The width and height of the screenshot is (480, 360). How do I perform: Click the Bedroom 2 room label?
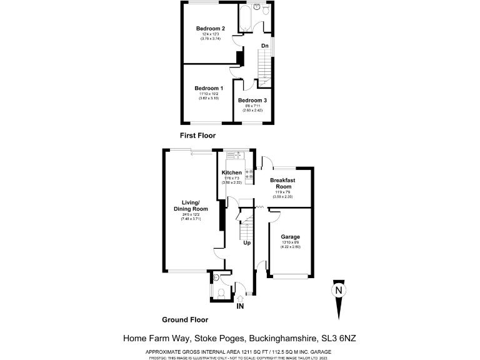(210, 29)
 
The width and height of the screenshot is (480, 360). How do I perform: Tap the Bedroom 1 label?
(208, 88)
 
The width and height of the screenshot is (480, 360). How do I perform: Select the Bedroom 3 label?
(252, 101)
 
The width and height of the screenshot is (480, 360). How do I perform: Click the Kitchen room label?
(232, 172)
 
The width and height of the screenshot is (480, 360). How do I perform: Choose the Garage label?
(290, 237)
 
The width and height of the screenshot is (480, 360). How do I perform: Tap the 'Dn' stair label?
(265, 46)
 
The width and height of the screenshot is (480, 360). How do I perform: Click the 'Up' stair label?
(247, 243)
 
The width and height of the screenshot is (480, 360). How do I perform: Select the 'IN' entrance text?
(241, 306)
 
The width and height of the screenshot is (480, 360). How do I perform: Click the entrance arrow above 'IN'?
(241, 296)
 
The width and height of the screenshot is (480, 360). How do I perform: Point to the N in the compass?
(338, 291)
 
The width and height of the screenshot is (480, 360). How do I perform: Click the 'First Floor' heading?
(197, 135)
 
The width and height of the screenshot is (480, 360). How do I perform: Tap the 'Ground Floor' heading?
(185, 319)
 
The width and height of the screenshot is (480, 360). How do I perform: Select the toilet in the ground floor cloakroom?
(221, 292)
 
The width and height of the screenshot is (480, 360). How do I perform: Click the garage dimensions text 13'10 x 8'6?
(290, 243)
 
